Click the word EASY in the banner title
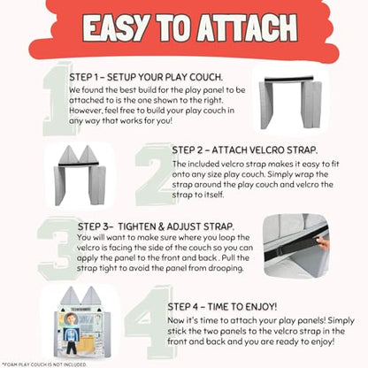(115, 27)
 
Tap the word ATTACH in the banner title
(247, 27)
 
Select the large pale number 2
(154, 174)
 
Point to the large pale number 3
(58, 249)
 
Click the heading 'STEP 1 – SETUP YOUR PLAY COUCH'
(146, 77)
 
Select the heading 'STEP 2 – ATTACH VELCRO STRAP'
(245, 150)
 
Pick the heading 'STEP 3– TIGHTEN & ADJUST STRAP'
(156, 226)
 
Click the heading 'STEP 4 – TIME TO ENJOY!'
(222, 307)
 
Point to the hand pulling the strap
(323, 243)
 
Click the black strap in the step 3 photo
(295, 244)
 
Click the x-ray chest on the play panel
(71, 334)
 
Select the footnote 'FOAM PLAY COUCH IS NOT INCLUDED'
(44, 364)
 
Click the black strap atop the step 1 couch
(288, 79)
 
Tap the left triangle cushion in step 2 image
(68, 155)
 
